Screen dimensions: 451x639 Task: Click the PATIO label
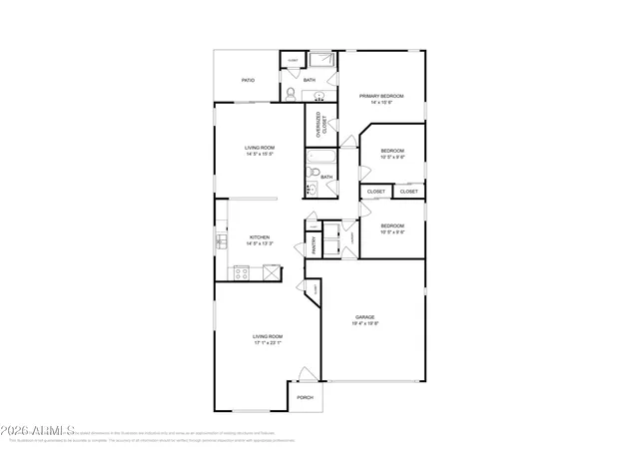pyautogui.click(x=248, y=80)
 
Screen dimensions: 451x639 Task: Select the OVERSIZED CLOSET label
pyautogui.click(x=319, y=125)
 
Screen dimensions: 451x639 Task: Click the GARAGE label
pyautogui.click(x=364, y=317)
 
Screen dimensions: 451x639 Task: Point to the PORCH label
pyautogui.click(x=305, y=397)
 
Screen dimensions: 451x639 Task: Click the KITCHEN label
pyautogui.click(x=260, y=237)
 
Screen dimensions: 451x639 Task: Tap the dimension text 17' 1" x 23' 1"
pyautogui.click(x=268, y=344)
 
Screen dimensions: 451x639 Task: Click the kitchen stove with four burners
pyautogui.click(x=242, y=271)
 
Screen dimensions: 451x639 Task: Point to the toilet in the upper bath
pyautogui.click(x=290, y=94)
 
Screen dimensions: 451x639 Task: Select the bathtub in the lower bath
pyautogui.click(x=322, y=157)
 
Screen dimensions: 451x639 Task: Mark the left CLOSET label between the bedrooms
pyautogui.click(x=376, y=191)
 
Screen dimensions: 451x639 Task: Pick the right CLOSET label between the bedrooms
pyautogui.click(x=409, y=191)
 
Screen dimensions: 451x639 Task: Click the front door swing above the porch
pyautogui.click(x=307, y=374)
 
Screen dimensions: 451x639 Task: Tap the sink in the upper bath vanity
pyautogui.click(x=319, y=97)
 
